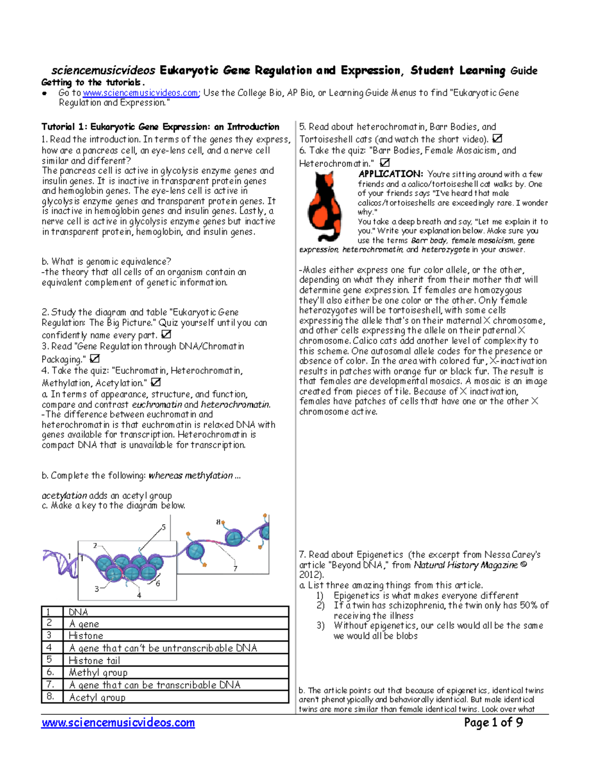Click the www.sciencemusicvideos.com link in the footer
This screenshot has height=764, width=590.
pos(118,723)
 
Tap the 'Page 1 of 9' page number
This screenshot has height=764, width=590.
pos(493,722)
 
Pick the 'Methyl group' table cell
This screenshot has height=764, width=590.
pos(98,672)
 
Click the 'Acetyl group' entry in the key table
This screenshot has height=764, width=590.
pos(97,697)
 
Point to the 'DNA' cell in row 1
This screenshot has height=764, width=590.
pos(79,612)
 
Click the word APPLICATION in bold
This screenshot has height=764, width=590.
pos(390,174)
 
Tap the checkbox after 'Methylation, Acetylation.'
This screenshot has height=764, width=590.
pos(155,382)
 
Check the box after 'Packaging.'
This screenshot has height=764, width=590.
pos(94,359)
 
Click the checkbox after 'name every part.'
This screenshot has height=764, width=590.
pos(166,335)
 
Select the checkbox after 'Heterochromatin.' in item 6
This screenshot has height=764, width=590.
pos(385,162)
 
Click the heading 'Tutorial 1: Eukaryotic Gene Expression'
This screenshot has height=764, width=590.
pos(160,127)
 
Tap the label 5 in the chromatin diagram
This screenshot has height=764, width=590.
pos(164,527)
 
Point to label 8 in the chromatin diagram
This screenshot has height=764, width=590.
pos(218,522)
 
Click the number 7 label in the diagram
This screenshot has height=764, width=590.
pos(236,568)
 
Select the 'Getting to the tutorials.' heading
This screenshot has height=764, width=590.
pos(93,82)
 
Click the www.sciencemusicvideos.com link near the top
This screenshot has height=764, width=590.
pos(141,93)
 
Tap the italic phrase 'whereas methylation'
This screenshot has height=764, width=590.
pos(191,475)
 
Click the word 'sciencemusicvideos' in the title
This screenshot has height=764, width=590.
pos(104,71)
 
